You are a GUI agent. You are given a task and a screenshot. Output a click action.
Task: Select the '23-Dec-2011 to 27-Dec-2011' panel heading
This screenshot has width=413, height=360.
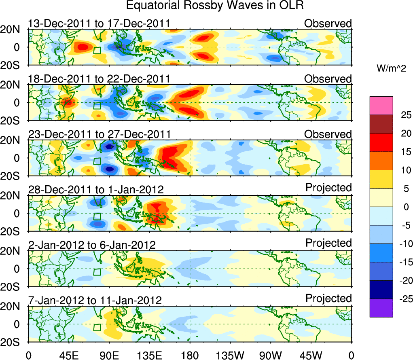click(x=99, y=134)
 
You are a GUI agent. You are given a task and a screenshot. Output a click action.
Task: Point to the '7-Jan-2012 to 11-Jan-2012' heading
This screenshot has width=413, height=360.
click(x=95, y=301)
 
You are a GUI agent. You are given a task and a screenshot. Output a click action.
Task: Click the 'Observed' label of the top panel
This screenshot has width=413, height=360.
click(x=328, y=23)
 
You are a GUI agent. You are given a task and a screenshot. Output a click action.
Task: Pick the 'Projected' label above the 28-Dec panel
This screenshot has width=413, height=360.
click(x=328, y=188)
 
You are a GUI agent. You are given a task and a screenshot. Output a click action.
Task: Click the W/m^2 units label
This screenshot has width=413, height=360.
click(x=391, y=69)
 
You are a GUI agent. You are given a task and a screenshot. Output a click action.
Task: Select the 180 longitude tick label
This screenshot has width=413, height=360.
click(x=190, y=355)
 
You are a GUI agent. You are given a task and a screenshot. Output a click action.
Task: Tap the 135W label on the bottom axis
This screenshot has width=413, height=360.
click(x=230, y=355)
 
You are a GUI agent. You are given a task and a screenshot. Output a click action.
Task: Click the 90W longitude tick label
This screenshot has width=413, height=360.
click(x=271, y=355)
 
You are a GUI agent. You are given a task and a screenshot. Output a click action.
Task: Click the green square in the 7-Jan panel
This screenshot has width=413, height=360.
click(x=97, y=327)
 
